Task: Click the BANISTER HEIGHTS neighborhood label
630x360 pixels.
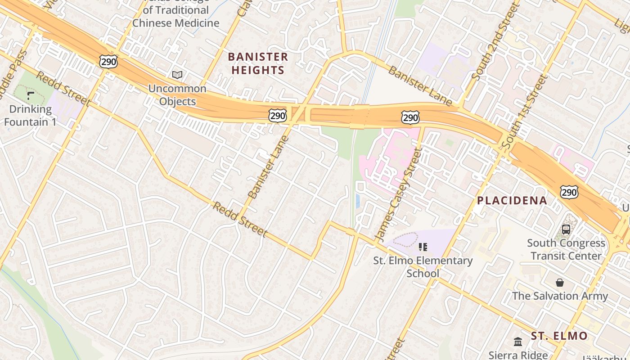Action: click(258, 63)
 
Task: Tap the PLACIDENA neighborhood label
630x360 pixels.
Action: click(512, 201)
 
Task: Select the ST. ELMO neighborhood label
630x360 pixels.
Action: click(559, 336)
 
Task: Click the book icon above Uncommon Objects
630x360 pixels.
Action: click(177, 75)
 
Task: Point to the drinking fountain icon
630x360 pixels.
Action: click(31, 95)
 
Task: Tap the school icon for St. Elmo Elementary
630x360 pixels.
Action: click(423, 247)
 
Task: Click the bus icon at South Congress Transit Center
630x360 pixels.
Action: click(566, 229)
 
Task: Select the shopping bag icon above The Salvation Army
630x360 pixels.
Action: click(560, 283)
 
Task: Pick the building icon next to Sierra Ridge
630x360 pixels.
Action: click(518, 342)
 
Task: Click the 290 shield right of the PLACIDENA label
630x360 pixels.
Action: click(569, 192)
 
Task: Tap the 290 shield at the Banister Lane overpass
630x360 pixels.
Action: click(278, 116)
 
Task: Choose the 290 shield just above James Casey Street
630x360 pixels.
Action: click(410, 117)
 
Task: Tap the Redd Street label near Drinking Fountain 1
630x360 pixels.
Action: click(63, 89)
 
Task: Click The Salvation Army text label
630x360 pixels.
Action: click(560, 296)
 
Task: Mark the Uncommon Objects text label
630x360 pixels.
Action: click(177, 95)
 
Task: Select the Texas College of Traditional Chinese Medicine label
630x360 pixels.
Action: click(176, 16)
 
